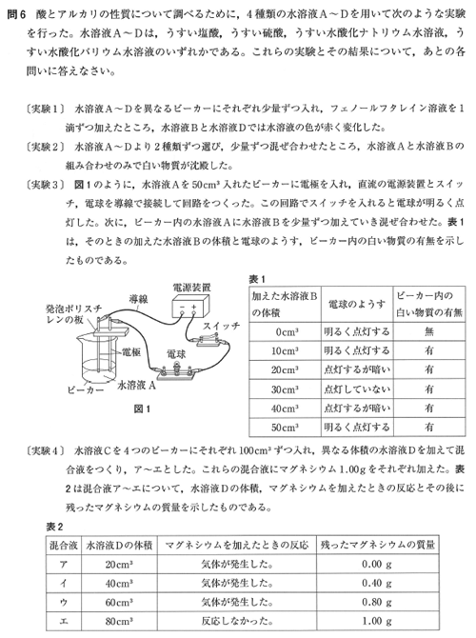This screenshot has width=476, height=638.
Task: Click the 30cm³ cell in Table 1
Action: (285, 389)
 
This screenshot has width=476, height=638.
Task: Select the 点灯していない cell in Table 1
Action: (357, 389)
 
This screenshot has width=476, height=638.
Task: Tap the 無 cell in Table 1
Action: (428, 332)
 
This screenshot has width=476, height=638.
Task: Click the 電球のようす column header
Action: (357, 305)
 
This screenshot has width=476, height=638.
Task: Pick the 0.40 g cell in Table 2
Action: (377, 584)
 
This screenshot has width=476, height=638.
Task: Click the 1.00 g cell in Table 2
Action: (377, 621)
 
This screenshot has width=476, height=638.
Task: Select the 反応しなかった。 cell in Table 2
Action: (237, 621)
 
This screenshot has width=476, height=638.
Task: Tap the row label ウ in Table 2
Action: (64, 603)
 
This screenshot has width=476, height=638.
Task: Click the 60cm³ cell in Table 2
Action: (119, 603)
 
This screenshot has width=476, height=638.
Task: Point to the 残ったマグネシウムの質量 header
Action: (378, 546)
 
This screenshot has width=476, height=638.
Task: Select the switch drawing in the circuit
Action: (210, 340)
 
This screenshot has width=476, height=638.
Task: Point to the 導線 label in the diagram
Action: (138, 300)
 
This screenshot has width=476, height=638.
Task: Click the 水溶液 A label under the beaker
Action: (136, 385)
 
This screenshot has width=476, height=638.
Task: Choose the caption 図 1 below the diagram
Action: (142, 409)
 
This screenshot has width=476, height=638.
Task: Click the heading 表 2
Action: (54, 527)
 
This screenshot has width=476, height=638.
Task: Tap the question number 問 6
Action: (17, 15)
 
